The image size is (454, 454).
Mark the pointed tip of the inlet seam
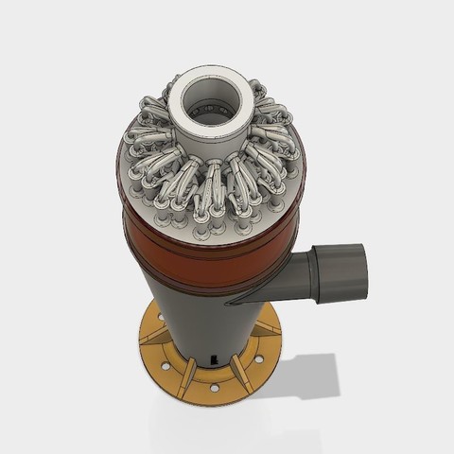[x=228, y=304]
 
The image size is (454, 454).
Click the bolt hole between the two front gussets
[x=215, y=387]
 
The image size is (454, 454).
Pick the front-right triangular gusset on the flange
[x=242, y=373]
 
